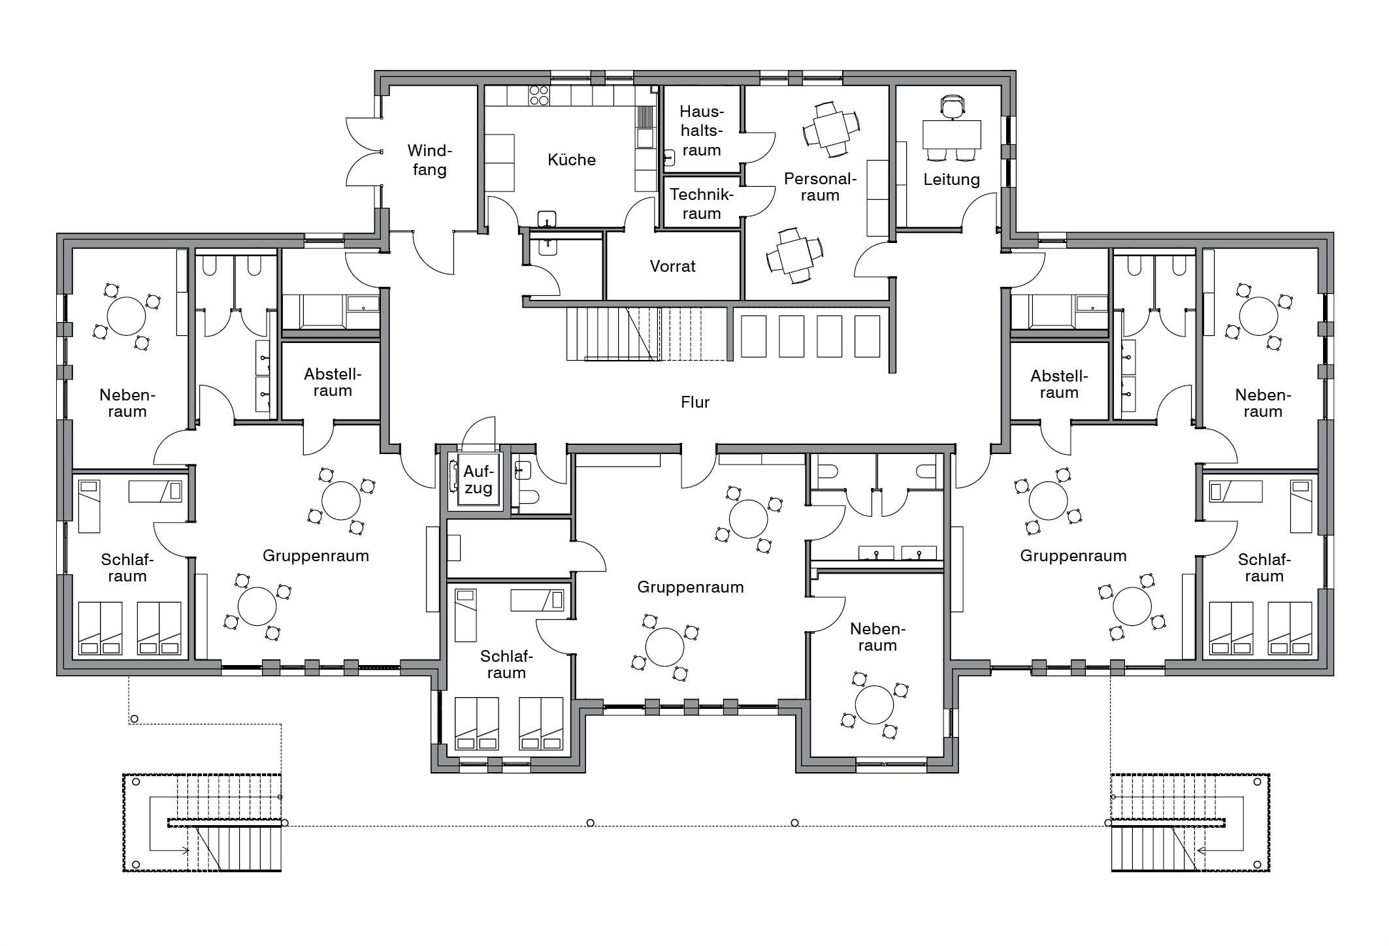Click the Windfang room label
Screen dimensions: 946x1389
(429, 160)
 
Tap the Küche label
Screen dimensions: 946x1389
(572, 160)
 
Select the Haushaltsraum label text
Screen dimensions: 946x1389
(701, 131)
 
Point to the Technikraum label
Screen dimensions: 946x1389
(701, 204)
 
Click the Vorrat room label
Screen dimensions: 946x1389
(672, 267)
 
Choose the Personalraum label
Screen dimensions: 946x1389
(820, 187)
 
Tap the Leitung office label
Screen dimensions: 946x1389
(951, 180)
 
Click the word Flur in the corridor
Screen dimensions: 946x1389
(694, 402)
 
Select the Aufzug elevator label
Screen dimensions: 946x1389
(478, 480)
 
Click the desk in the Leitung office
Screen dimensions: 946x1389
(951, 135)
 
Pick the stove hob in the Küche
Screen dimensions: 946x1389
(540, 95)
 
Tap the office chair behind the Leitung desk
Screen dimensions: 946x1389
(952, 106)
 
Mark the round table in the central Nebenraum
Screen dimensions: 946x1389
(874, 705)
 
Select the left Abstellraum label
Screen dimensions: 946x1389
(332, 383)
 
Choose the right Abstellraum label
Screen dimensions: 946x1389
(1059, 385)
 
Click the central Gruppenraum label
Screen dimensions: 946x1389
(691, 587)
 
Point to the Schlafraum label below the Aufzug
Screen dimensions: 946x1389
(506, 664)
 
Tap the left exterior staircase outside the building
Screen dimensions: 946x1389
(203, 823)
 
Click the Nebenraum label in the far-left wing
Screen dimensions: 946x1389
(127, 403)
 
